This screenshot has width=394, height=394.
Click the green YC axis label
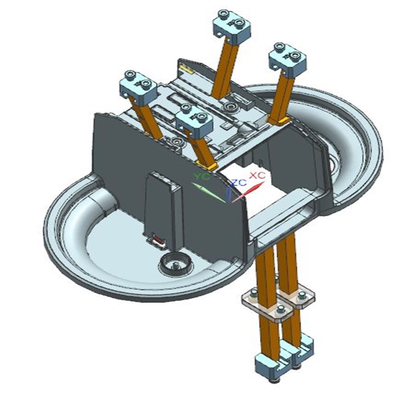click(x=201, y=176)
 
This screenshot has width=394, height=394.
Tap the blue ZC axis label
click(x=239, y=182)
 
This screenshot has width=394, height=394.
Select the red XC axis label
click(x=257, y=175)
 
